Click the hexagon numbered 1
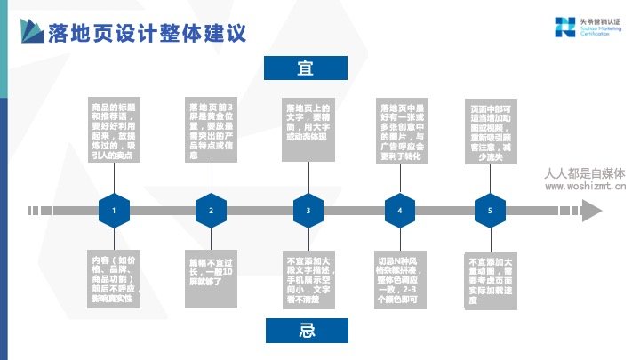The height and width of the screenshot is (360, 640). [114, 211]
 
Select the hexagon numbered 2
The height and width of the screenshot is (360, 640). [211, 211]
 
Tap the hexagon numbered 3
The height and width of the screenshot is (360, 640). [308, 211]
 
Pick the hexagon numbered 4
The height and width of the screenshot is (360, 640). [400, 211]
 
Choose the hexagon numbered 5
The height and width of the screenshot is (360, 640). [490, 211]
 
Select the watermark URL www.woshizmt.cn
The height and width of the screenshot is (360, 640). [584, 188]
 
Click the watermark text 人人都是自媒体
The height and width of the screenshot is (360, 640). [584, 174]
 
